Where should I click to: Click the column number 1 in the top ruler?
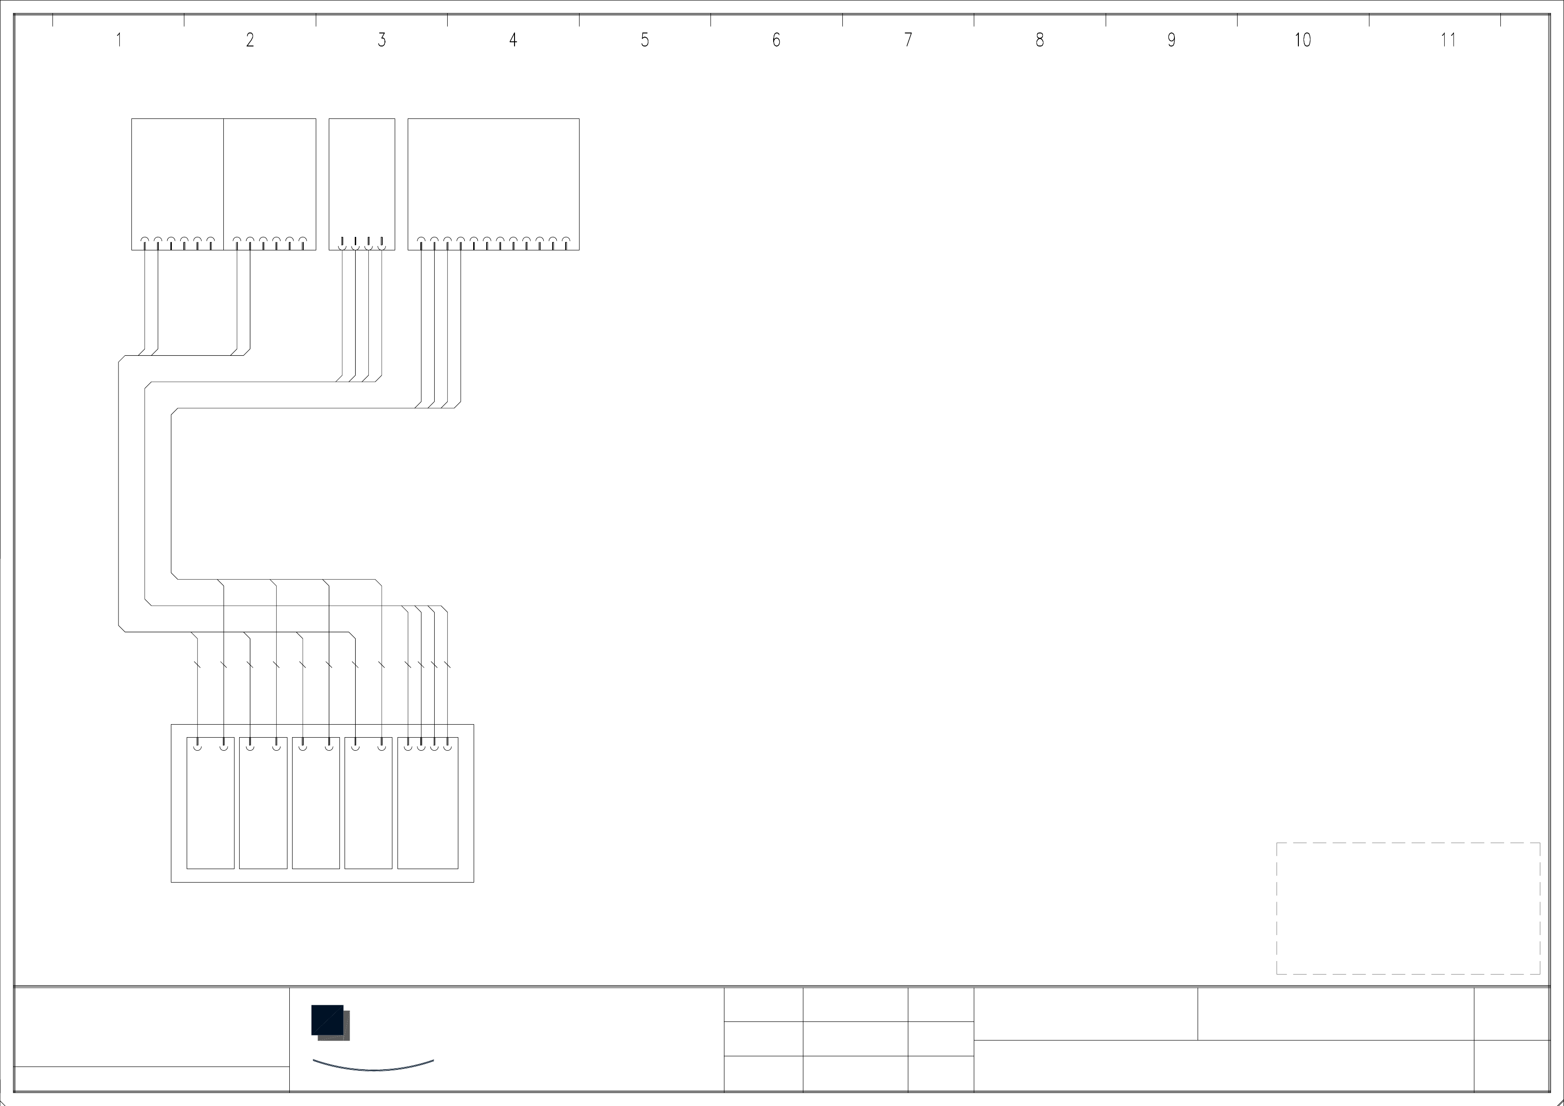[x=118, y=40]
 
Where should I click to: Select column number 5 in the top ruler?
[x=645, y=40]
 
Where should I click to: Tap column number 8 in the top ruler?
[x=1039, y=40]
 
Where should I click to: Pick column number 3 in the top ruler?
[x=381, y=40]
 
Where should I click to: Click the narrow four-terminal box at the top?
[x=362, y=177]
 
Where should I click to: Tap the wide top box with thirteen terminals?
[x=493, y=177]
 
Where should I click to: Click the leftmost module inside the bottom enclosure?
[x=210, y=804]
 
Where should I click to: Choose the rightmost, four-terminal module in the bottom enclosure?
[x=428, y=804]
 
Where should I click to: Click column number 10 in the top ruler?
[x=1303, y=40]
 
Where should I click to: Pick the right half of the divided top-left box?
[x=270, y=177]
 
